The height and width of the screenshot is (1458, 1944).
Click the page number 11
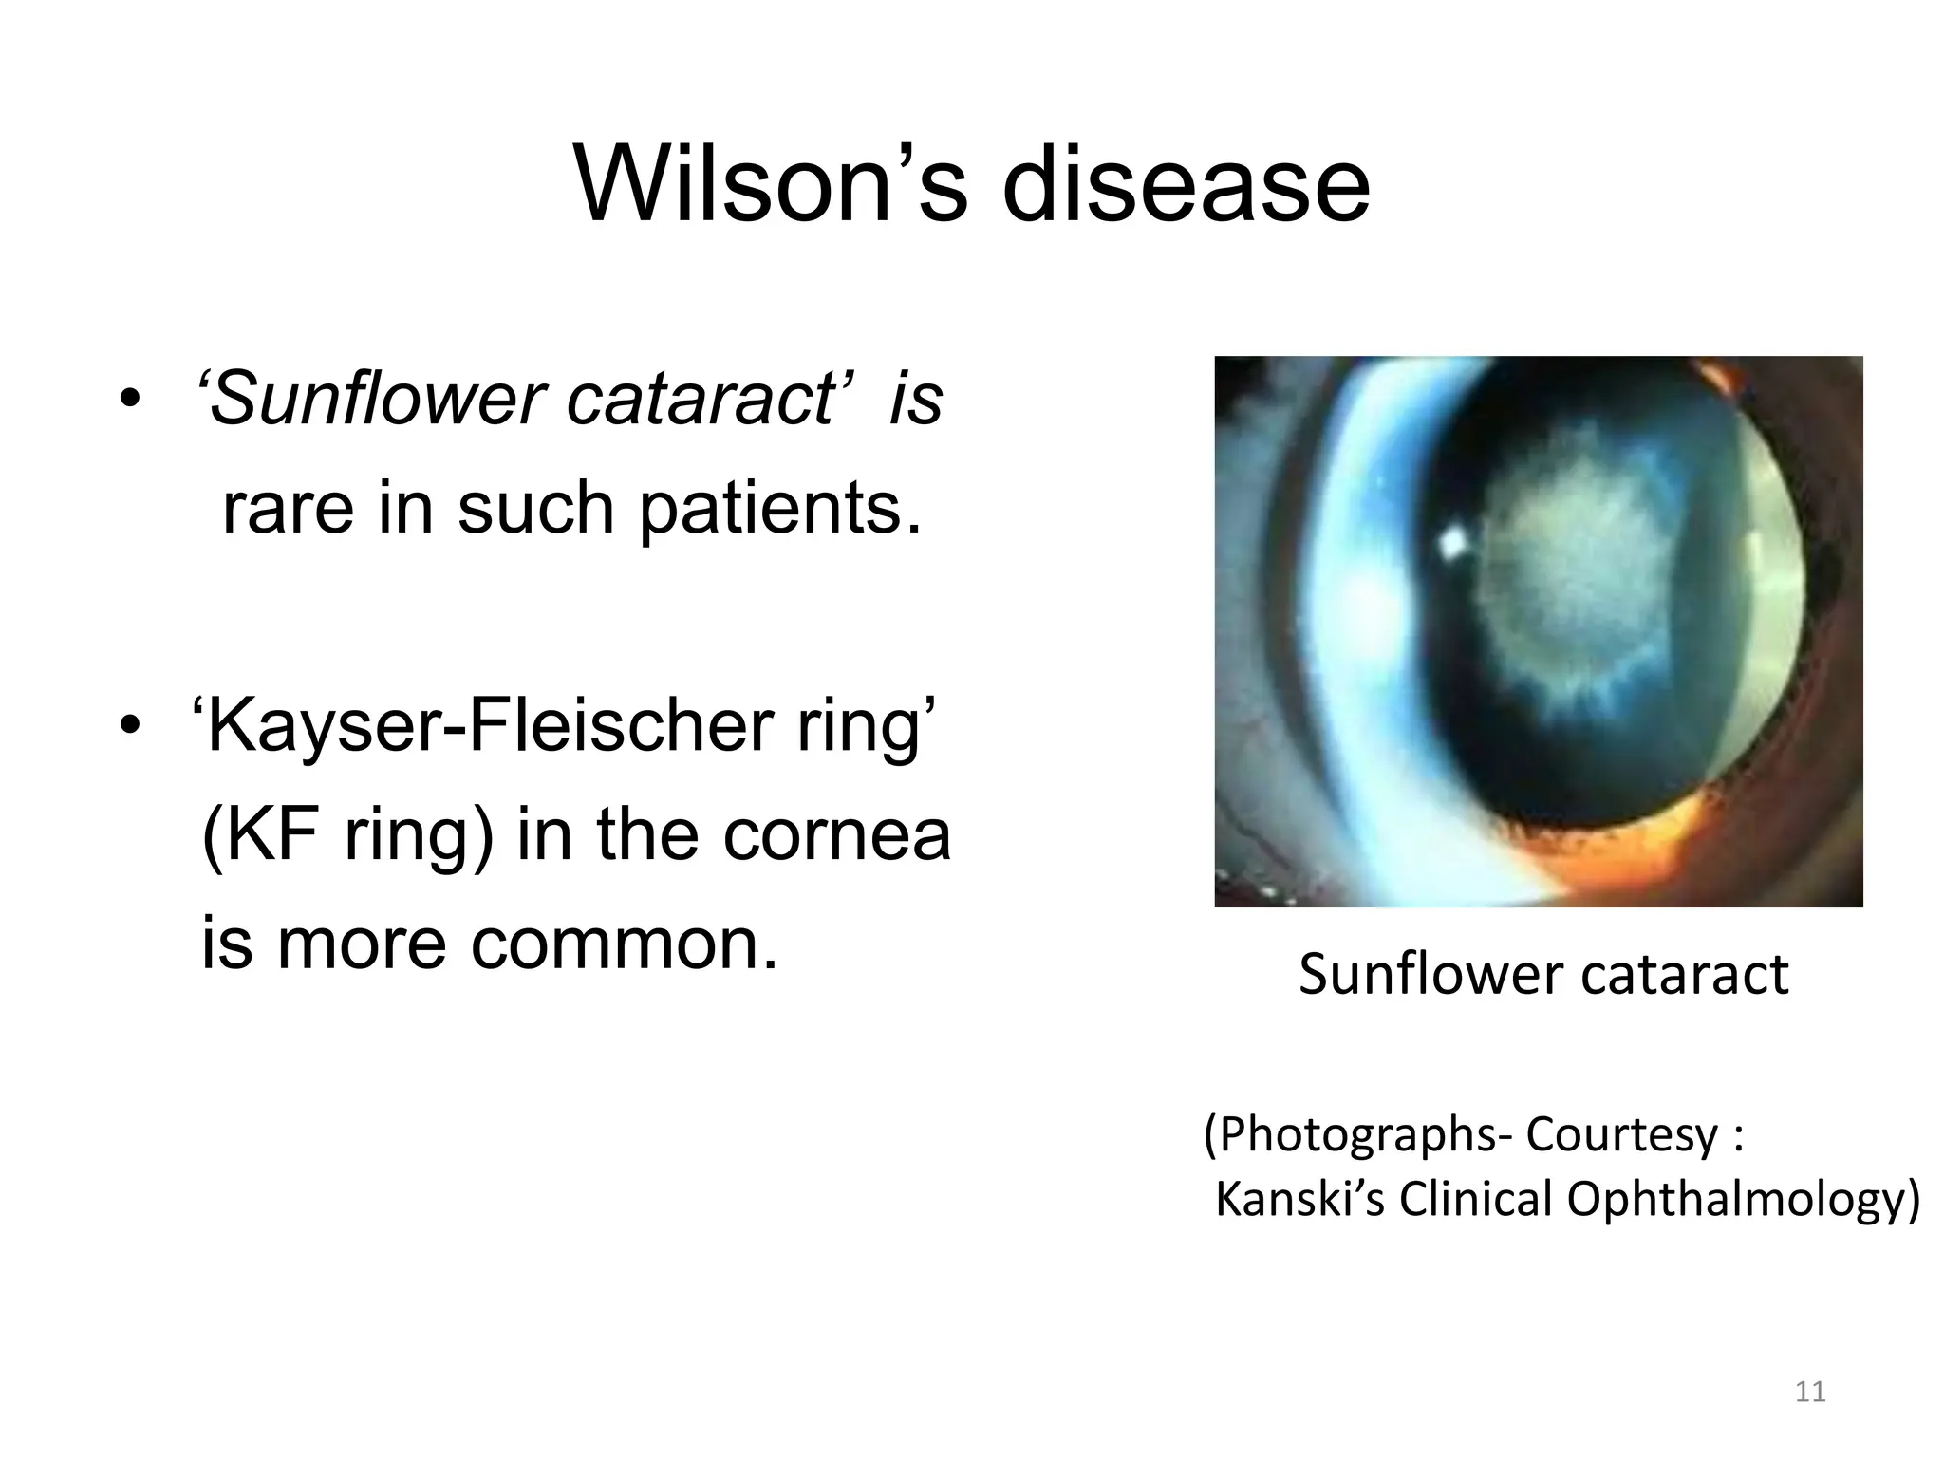(x=1811, y=1393)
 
